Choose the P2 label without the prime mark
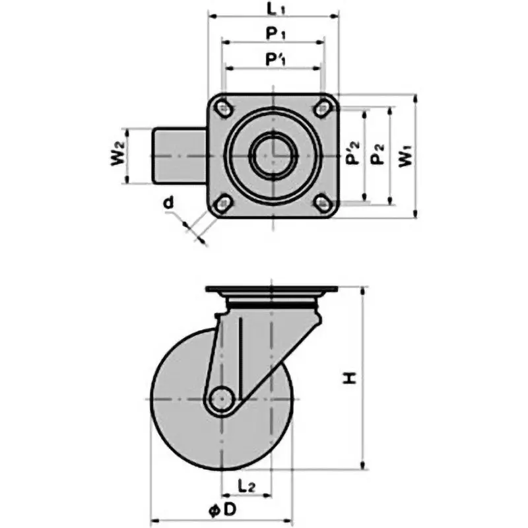pyautogui.click(x=378, y=156)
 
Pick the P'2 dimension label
pyautogui.click(x=353, y=156)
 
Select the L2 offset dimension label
pyautogui.click(x=246, y=486)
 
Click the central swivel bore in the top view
pyautogui.click(x=273, y=154)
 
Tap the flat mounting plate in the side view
pyautogui.click(x=273, y=290)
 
